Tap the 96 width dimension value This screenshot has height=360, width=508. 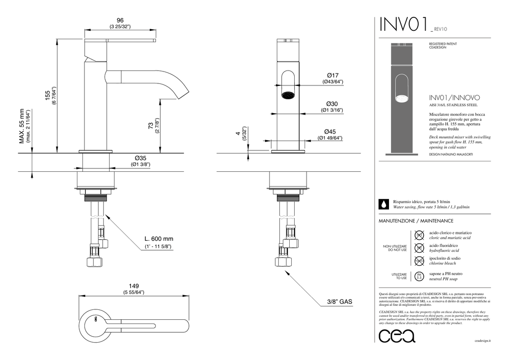[x=120, y=20]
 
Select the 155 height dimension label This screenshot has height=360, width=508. [x=47, y=96]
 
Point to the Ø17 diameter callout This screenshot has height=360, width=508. [x=332, y=75]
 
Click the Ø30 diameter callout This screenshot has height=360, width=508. [x=332, y=103]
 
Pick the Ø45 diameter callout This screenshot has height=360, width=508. [x=330, y=132]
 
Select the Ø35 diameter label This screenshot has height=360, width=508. [x=140, y=157]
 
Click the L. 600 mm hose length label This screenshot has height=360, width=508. [x=159, y=239]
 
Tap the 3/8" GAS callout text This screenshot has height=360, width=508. [x=340, y=301]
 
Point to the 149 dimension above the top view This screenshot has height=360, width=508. [x=133, y=286]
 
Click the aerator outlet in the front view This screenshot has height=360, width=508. [x=288, y=94]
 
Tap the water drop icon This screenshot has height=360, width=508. [x=383, y=204]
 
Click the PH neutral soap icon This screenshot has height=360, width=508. [x=419, y=276]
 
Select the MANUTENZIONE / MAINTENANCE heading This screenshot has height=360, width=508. [x=416, y=220]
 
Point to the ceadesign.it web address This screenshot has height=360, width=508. [x=482, y=341]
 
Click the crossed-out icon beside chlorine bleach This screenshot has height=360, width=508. [x=419, y=261]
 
